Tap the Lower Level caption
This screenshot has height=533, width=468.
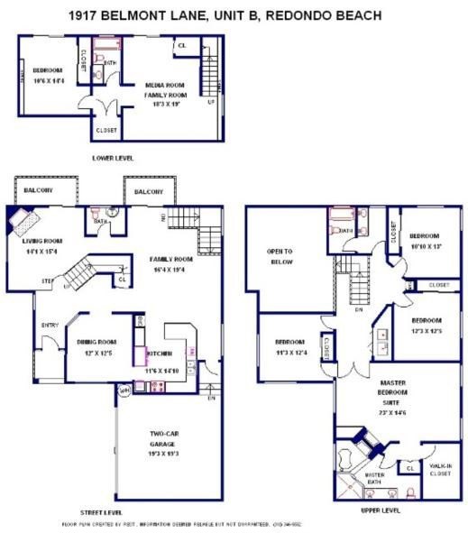point(115,157)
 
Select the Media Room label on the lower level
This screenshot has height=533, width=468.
point(165,86)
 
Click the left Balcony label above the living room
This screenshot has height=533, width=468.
point(38,191)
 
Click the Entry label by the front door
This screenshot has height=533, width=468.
point(50,326)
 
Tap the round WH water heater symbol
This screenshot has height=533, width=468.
point(124,390)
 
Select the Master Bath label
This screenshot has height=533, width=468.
point(374,479)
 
